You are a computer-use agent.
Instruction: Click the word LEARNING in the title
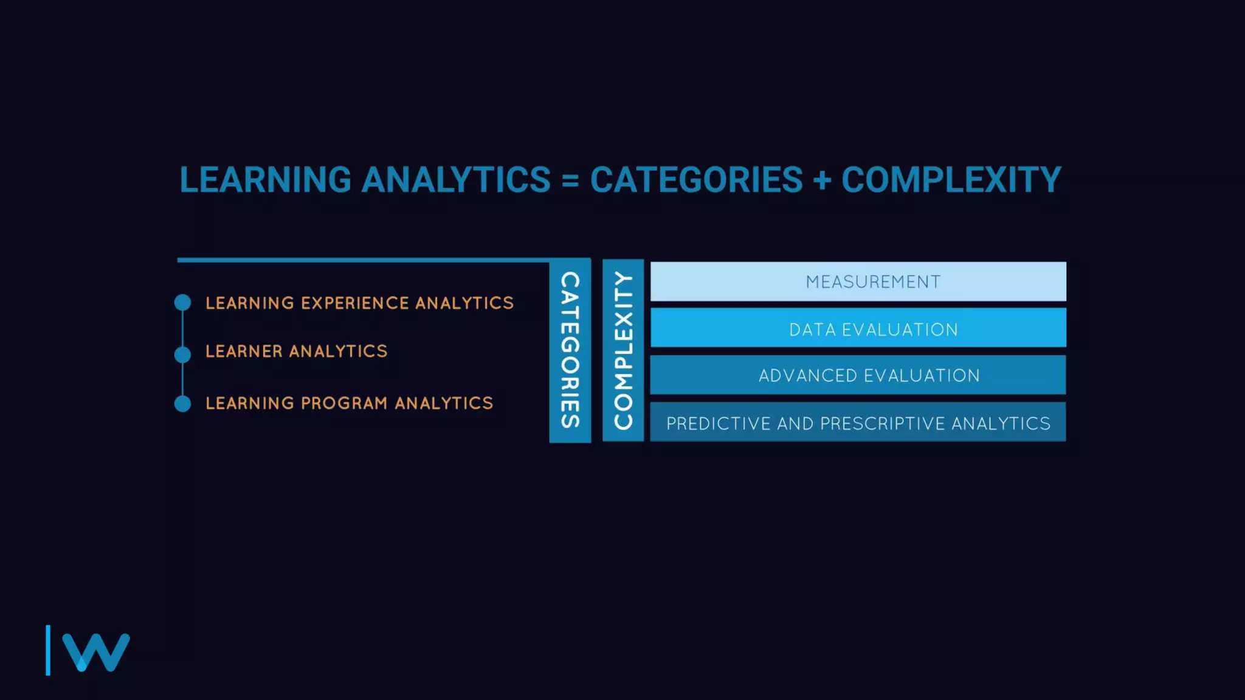[265, 180]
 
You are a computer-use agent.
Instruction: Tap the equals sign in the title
[570, 181]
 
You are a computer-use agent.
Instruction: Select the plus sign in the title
[822, 181]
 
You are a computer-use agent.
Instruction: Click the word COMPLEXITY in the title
[951, 180]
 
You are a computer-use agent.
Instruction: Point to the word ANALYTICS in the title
[456, 180]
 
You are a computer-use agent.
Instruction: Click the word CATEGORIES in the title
[697, 180]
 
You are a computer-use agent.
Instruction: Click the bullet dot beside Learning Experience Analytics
[182, 303]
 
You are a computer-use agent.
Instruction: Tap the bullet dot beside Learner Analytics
[182, 354]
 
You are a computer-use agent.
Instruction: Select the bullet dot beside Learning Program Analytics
[182, 403]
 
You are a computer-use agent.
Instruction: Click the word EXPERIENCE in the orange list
[354, 303]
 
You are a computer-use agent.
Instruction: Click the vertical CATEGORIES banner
[570, 351]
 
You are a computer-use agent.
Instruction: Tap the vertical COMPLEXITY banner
[623, 351]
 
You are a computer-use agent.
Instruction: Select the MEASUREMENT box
[858, 281]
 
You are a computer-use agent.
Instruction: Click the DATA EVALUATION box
[858, 328]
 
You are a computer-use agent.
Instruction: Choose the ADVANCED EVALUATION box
[858, 375]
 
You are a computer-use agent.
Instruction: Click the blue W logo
[96, 652]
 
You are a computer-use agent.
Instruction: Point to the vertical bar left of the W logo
[48, 650]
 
